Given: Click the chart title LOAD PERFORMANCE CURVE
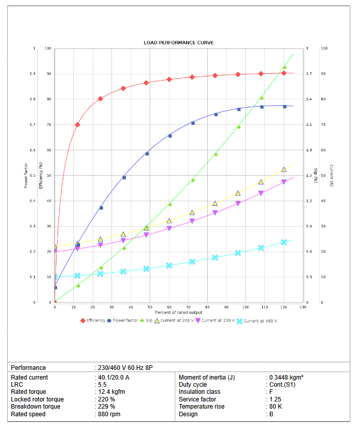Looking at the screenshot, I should (x=179, y=42).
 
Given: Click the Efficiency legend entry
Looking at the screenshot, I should (x=96, y=320).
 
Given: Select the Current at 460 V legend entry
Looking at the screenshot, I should (x=259, y=321).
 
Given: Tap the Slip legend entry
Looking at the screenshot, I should (x=148, y=320).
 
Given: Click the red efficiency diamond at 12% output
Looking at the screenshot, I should (x=77, y=124).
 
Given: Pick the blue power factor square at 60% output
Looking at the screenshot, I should (x=170, y=136).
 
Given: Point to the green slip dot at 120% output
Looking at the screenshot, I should (x=285, y=67).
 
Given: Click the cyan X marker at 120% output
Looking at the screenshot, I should (x=284, y=242).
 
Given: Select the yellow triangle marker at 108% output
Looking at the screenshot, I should (x=261, y=182).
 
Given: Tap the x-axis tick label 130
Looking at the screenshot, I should (x=303, y=307).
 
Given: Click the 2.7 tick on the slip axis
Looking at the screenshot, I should (x=309, y=74).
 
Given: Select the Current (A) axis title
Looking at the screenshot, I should (x=331, y=175).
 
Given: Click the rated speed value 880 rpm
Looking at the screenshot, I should (x=109, y=414).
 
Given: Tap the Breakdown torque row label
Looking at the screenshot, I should (x=36, y=407).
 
